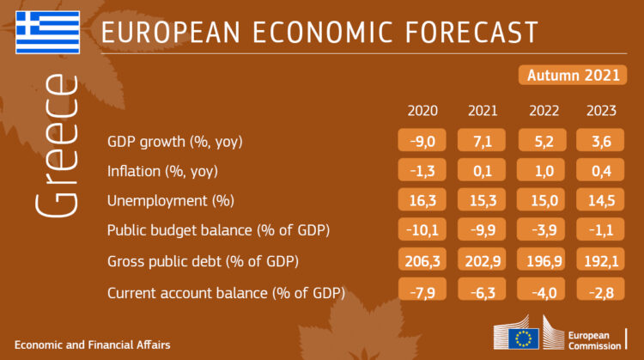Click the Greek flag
pos(47,33)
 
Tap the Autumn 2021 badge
pos(573,76)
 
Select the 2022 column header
pos(544,111)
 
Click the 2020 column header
pos(422,111)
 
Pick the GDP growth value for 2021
pos(482,140)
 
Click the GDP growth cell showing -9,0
pos(422,140)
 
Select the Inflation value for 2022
pos(542,170)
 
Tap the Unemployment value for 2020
pos(422,199)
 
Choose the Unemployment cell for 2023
pos(600,199)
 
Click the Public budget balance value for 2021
pos(482,229)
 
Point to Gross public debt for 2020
pos(422,259)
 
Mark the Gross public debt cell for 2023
pos(600,259)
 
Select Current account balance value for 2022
pos(542,290)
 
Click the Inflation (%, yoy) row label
pos(162,171)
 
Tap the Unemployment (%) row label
pos(171,200)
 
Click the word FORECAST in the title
pos(471,32)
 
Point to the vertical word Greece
pos(57,146)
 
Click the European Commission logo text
pos(594,341)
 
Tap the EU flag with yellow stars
pos(524,339)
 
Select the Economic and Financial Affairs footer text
pos(93,345)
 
